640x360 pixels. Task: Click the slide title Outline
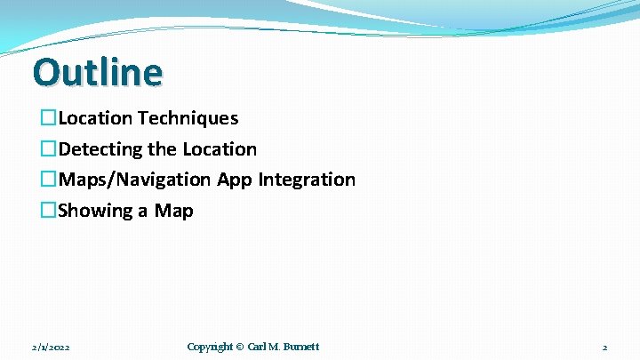click(98, 72)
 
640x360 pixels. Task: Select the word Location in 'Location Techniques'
click(95, 118)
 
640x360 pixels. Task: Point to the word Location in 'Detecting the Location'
click(220, 149)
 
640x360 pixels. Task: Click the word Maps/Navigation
click(134, 180)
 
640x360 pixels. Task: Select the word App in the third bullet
click(235, 180)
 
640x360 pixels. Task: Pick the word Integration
click(307, 180)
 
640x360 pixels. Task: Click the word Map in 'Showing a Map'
click(174, 211)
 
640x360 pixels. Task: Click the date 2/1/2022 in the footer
click(50, 347)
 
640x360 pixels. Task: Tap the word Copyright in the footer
click(210, 347)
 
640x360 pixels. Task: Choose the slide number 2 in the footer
click(604, 347)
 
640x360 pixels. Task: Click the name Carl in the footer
click(257, 347)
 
